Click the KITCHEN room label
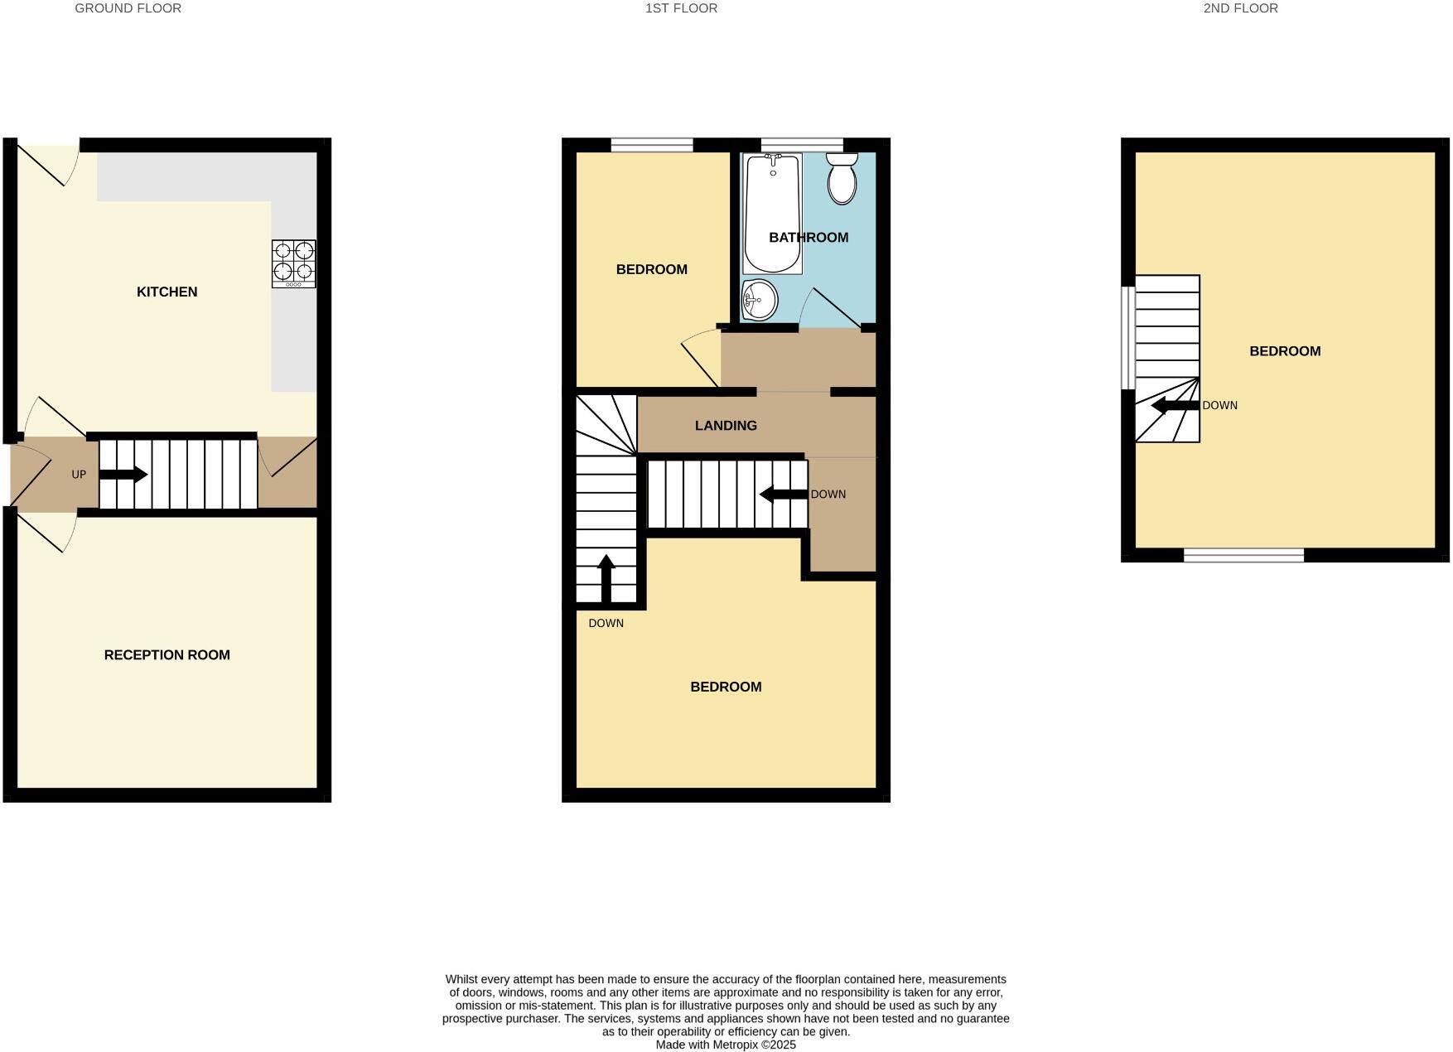[x=167, y=292]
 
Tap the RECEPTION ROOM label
[x=167, y=654]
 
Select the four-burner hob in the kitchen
[x=293, y=263]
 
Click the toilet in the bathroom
[x=842, y=179]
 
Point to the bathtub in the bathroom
[x=772, y=214]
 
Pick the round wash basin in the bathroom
[x=760, y=299]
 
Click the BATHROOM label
[x=809, y=238]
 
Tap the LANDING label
[x=726, y=426]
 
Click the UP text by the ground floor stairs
[x=79, y=475]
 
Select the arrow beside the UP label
[x=123, y=475]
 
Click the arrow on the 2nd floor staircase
[x=1175, y=406]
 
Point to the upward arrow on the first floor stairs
[x=606, y=578]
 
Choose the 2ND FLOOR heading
[x=1240, y=8]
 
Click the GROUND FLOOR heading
[x=128, y=8]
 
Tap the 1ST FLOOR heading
[x=681, y=8]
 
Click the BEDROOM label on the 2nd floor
[x=1285, y=351]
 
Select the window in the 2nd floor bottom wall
[x=1243, y=555]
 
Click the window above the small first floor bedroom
[x=652, y=145]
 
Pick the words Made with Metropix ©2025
[x=726, y=1045]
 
